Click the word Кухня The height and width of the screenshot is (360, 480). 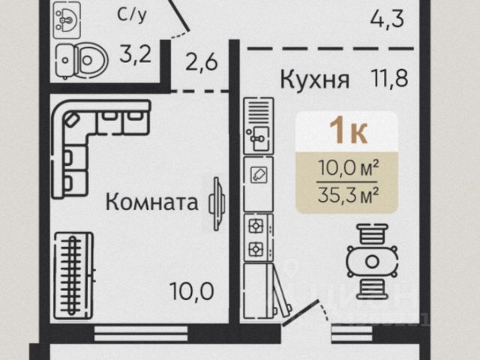pyautogui.click(x=315, y=79)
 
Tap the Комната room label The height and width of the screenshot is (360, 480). pyautogui.click(x=151, y=201)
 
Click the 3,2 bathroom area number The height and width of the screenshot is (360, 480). pyautogui.click(x=136, y=54)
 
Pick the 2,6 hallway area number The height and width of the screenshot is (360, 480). pyautogui.click(x=200, y=61)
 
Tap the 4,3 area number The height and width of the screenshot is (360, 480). pyautogui.click(x=387, y=17)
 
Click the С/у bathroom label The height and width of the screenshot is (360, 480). pyautogui.click(x=132, y=14)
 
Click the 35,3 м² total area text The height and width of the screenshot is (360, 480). pyautogui.click(x=347, y=196)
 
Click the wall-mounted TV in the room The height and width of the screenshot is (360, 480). pyautogui.click(x=217, y=202)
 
